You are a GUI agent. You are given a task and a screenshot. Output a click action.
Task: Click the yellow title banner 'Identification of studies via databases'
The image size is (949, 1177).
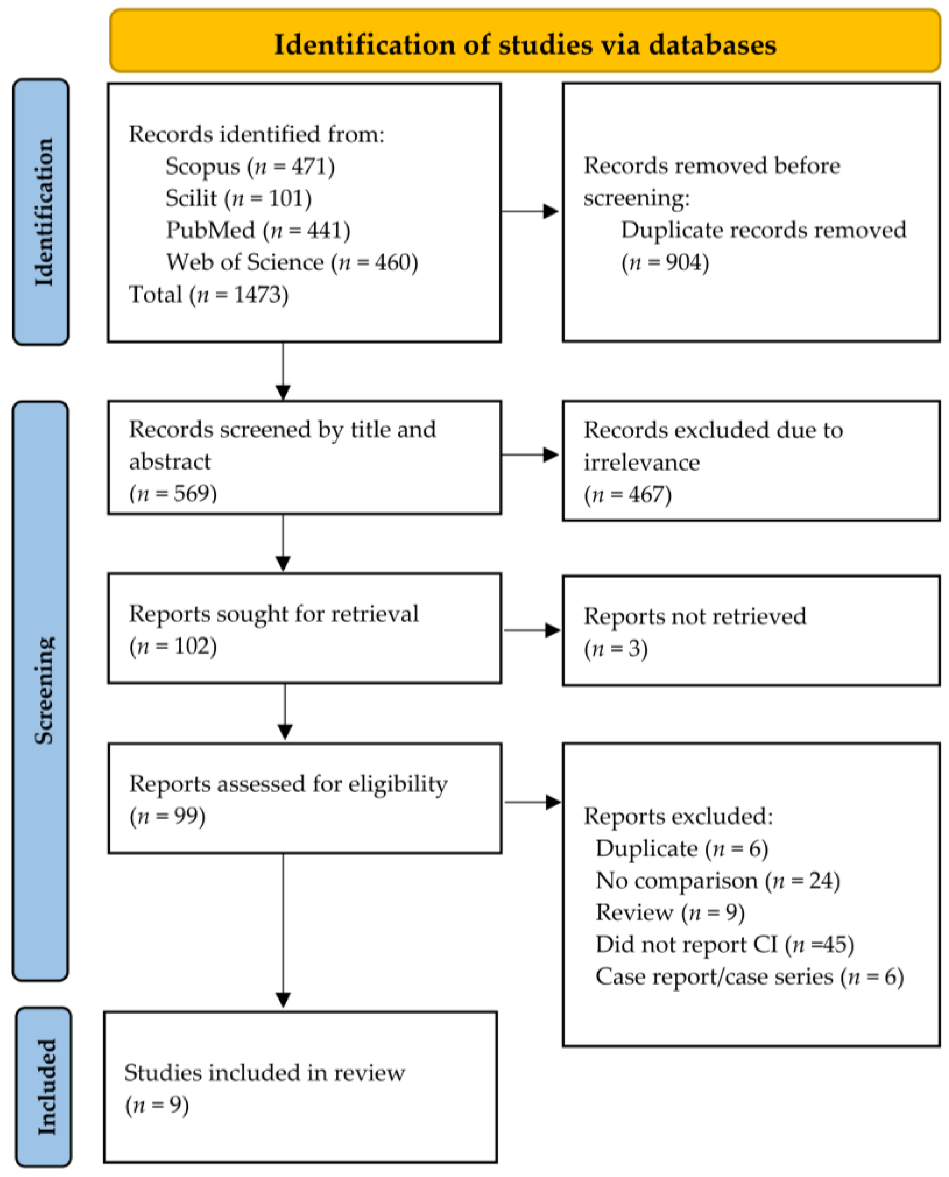click(x=525, y=40)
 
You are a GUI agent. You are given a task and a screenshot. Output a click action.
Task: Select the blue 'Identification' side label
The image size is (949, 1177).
click(x=41, y=212)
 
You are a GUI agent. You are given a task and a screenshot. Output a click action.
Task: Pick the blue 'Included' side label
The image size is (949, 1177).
click(x=44, y=1087)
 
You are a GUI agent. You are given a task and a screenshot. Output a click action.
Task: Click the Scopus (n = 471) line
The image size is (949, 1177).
click(x=250, y=166)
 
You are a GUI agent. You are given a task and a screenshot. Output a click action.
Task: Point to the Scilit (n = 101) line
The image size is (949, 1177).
click(x=239, y=198)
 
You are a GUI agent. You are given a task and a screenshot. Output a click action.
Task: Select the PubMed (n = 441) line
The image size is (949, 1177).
click(x=258, y=230)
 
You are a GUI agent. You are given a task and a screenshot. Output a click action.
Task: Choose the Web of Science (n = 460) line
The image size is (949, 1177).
click(x=292, y=262)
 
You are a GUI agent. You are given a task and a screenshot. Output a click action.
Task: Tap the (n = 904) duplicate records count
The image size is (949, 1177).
click(x=665, y=263)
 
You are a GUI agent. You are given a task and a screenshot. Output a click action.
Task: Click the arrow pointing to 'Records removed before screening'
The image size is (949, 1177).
click(x=530, y=211)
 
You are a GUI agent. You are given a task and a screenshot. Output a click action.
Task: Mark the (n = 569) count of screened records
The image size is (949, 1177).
click(x=173, y=493)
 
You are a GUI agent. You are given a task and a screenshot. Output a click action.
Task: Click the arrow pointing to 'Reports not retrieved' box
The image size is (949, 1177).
click(x=531, y=631)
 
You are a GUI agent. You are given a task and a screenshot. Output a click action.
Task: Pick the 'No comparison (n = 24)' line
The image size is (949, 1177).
click(x=718, y=880)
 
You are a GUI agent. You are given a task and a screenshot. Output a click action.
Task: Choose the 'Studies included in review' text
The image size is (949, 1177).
click(x=264, y=1073)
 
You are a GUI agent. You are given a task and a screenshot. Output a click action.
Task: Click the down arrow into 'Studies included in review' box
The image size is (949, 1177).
click(x=283, y=931)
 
